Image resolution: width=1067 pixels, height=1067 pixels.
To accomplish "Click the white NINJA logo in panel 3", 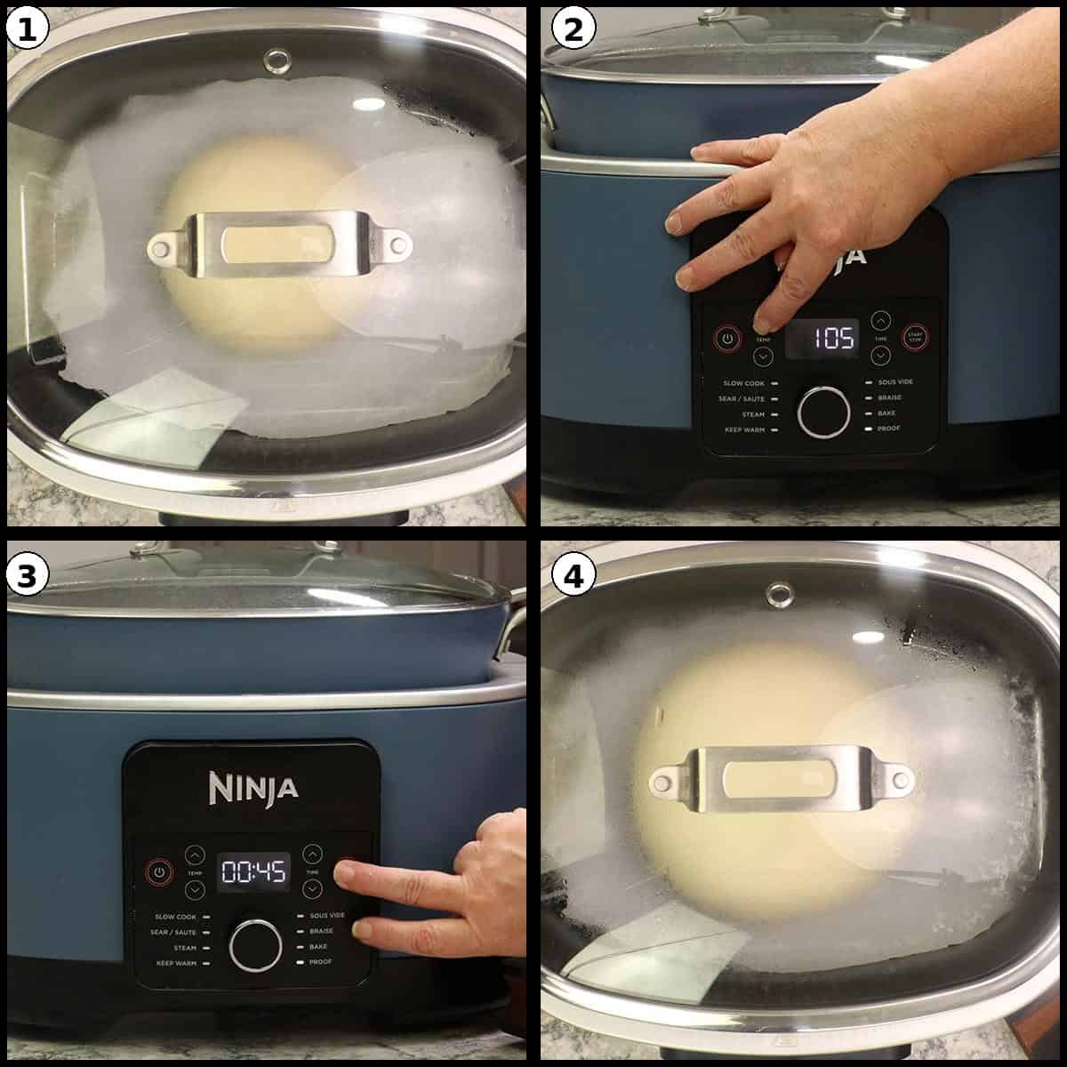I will tap(253, 787).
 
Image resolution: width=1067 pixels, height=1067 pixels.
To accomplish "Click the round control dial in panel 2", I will tap(823, 412).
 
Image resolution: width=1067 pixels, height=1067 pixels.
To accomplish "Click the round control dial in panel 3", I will tap(255, 945).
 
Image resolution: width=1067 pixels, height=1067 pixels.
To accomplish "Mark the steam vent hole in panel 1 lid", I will tap(277, 60).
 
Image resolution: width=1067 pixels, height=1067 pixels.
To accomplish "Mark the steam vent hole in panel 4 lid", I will tap(780, 593).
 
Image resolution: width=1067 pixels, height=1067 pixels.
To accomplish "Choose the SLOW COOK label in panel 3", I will tap(175, 917).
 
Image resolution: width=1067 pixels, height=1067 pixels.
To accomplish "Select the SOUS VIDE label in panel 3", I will tap(327, 915).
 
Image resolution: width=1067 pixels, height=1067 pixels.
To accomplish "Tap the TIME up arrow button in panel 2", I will tap(880, 319).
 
